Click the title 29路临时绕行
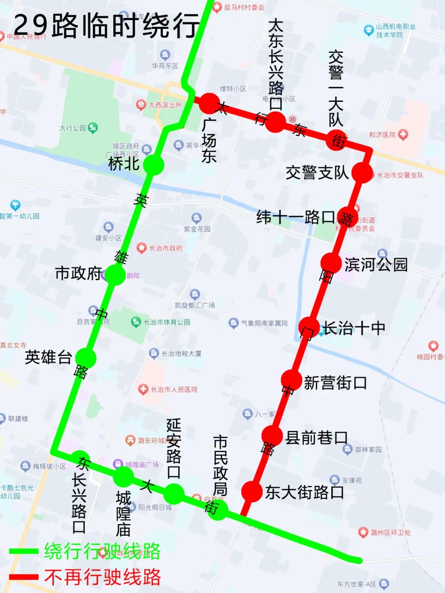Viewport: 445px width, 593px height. click(106, 26)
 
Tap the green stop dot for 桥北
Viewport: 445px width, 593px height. click(154, 165)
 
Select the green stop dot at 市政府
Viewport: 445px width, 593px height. click(115, 275)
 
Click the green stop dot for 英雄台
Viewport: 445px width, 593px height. click(86, 358)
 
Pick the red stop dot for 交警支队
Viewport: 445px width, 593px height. click(363, 173)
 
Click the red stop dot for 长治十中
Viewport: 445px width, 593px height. click(309, 328)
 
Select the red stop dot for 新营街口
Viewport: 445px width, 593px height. click(292, 380)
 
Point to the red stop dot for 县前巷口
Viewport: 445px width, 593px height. click(272, 436)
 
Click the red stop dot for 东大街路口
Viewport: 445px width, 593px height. click(252, 491)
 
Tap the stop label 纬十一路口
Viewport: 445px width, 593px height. click(295, 217)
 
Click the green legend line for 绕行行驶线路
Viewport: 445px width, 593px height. click(23, 551)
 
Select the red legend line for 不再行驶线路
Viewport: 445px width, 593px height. click(23, 577)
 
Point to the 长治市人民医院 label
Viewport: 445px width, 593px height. click(173, 389)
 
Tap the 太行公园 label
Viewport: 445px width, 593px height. click(73, 128)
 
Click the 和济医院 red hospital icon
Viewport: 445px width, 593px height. click(403, 134)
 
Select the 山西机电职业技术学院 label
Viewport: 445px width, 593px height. click(395, 31)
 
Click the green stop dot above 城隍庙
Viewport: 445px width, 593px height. click(124, 476)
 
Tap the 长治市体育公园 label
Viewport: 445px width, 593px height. click(166, 322)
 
